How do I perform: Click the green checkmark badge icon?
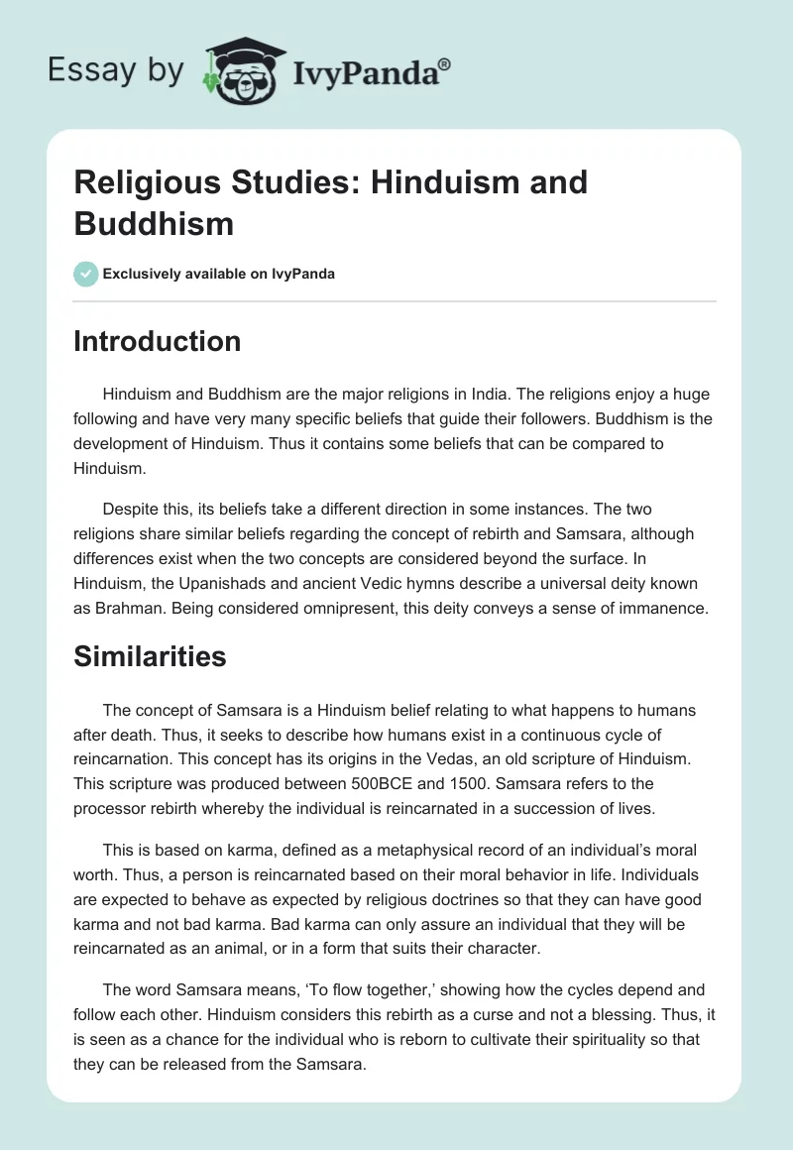coord(86,274)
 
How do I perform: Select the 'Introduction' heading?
coord(158,341)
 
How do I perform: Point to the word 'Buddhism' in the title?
coord(154,223)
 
